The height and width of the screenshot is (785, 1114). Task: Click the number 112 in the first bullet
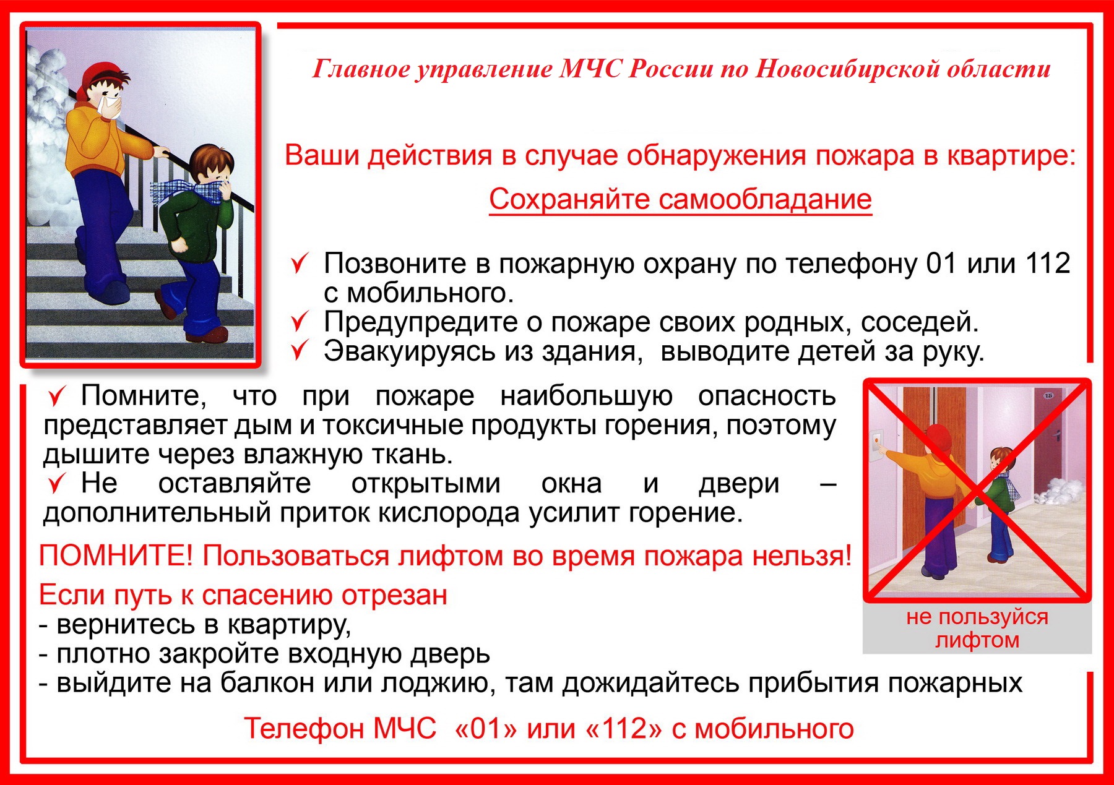1048,264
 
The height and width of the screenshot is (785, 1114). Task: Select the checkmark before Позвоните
300,264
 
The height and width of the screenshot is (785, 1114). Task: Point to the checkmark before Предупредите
300,322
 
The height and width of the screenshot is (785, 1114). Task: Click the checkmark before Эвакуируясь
300,351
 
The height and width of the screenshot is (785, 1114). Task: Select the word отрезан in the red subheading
394,596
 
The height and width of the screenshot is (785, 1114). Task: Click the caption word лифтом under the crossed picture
977,640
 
